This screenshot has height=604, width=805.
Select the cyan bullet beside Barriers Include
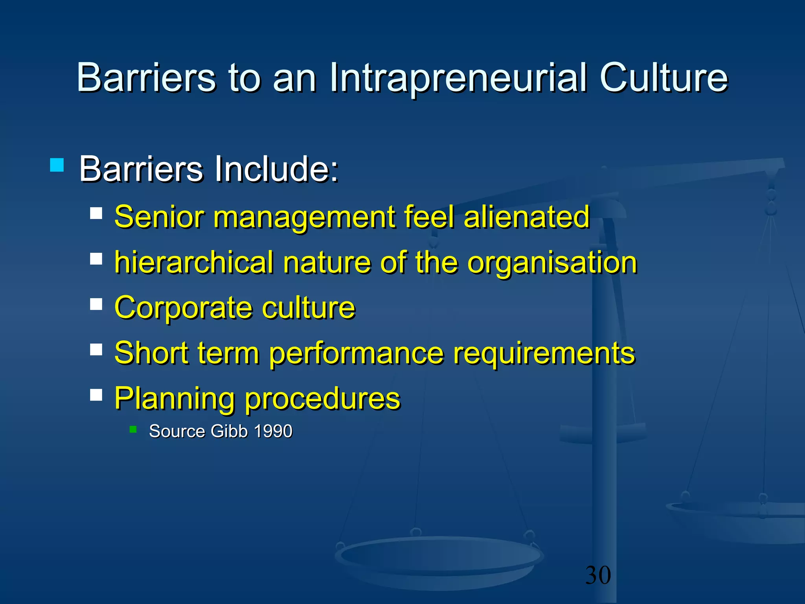pos(57,165)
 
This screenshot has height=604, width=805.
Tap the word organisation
pos(552,262)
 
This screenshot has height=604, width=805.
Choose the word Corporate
pos(183,308)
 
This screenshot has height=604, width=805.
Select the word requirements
pos(544,353)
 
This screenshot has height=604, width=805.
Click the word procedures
pos(322,399)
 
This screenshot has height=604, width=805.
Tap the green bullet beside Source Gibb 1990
pos(133,429)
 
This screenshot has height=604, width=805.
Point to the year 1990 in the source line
pos(273,431)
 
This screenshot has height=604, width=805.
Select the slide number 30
pos(598,575)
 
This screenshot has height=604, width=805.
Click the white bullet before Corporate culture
pos(96,304)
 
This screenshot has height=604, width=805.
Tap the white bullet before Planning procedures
pos(96,395)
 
